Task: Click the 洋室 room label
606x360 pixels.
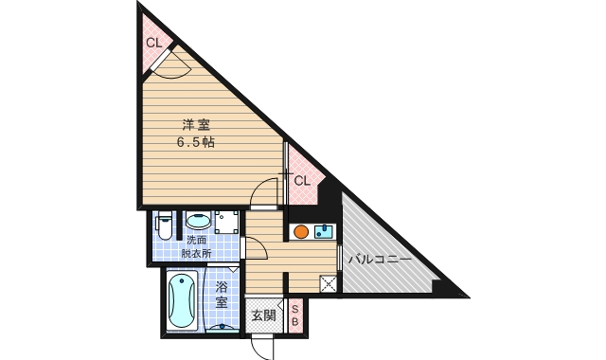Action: pyautogui.click(x=196, y=124)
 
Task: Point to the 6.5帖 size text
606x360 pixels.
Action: pyautogui.click(x=196, y=143)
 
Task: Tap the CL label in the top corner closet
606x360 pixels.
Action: pyautogui.click(x=153, y=43)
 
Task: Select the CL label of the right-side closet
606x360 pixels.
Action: pyautogui.click(x=301, y=180)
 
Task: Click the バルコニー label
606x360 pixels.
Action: pyautogui.click(x=378, y=258)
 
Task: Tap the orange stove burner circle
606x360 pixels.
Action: pyautogui.click(x=300, y=231)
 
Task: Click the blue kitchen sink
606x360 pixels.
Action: pyautogui.click(x=323, y=231)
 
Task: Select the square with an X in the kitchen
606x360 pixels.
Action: pyautogui.click(x=328, y=283)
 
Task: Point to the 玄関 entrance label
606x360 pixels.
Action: pyautogui.click(x=263, y=315)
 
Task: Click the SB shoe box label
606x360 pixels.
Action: pyautogui.click(x=294, y=316)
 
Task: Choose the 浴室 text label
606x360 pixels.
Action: pyautogui.click(x=221, y=295)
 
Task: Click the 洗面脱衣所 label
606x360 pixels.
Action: pyautogui.click(x=197, y=246)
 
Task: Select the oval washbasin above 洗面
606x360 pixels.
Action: pyautogui.click(x=197, y=220)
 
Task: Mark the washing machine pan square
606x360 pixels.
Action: pyautogui.click(x=226, y=222)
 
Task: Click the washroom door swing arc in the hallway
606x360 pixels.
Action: pyautogui.click(x=253, y=247)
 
